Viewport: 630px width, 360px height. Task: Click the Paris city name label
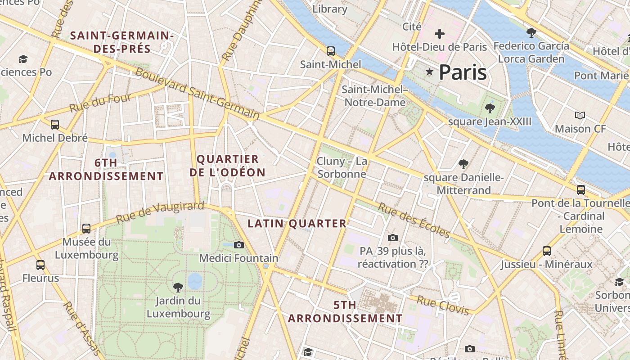click(463, 72)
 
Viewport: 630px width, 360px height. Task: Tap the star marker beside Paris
click(429, 72)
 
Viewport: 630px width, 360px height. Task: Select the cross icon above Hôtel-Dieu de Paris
click(440, 34)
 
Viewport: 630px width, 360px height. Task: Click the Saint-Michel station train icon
click(331, 51)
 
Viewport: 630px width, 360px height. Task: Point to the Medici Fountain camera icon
click(239, 245)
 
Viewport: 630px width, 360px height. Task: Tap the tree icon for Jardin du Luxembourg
click(178, 287)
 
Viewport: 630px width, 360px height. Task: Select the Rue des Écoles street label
click(414, 220)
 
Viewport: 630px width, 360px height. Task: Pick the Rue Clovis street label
click(443, 305)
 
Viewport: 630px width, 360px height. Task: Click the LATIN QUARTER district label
click(297, 223)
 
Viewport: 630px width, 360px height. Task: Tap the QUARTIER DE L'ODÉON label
click(227, 166)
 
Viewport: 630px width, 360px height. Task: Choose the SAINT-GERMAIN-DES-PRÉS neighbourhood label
click(122, 42)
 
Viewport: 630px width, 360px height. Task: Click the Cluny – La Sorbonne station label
click(342, 167)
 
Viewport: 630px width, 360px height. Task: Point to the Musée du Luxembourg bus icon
click(86, 229)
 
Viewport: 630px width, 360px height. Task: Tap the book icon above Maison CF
click(580, 116)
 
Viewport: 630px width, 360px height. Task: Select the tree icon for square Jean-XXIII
click(490, 108)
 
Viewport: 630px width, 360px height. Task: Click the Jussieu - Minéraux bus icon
click(547, 251)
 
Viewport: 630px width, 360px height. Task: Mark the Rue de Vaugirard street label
click(160, 212)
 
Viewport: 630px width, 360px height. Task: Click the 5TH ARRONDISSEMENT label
click(345, 311)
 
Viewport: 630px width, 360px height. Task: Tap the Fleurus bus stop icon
click(40, 265)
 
